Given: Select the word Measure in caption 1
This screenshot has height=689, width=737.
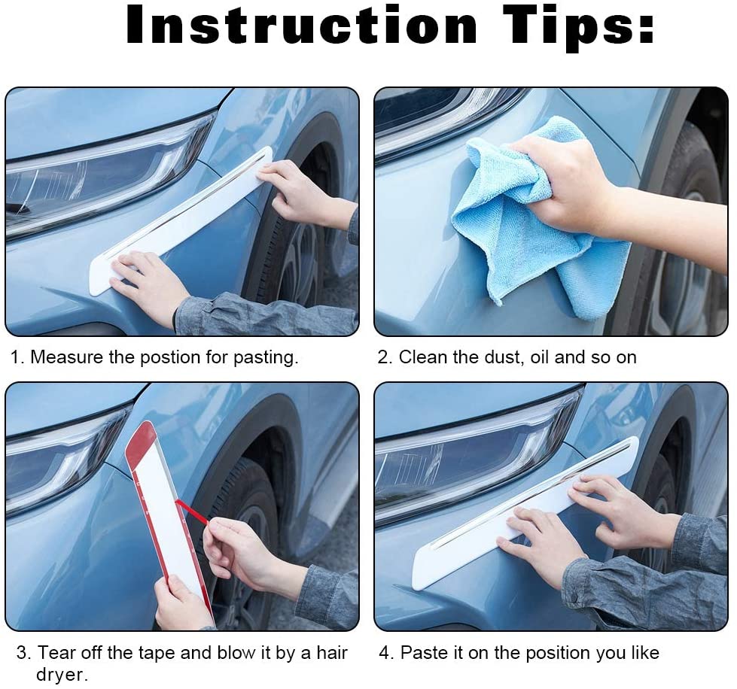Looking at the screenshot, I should pyautogui.click(x=66, y=357).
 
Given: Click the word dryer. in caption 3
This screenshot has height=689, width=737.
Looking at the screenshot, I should pyautogui.click(x=62, y=675).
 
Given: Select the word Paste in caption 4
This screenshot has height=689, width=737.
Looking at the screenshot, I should pyautogui.click(x=423, y=652).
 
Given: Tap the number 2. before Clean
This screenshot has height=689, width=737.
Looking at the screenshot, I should pyautogui.click(x=385, y=357).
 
